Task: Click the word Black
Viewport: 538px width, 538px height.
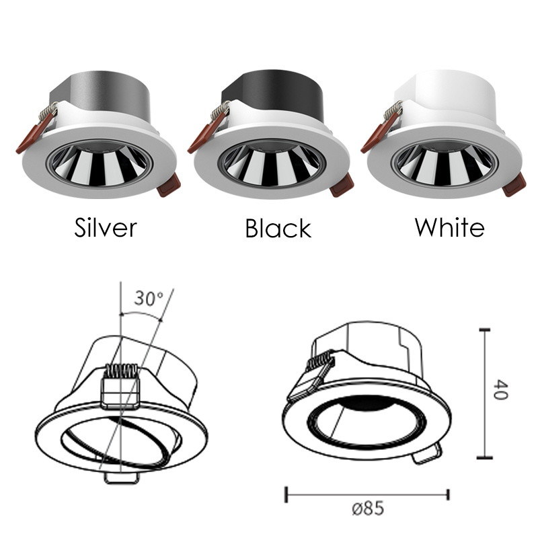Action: (x=278, y=229)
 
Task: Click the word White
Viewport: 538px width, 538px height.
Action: (x=449, y=227)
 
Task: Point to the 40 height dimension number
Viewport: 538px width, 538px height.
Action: (x=499, y=390)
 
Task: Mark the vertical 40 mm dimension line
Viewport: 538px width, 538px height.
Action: (x=484, y=393)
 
